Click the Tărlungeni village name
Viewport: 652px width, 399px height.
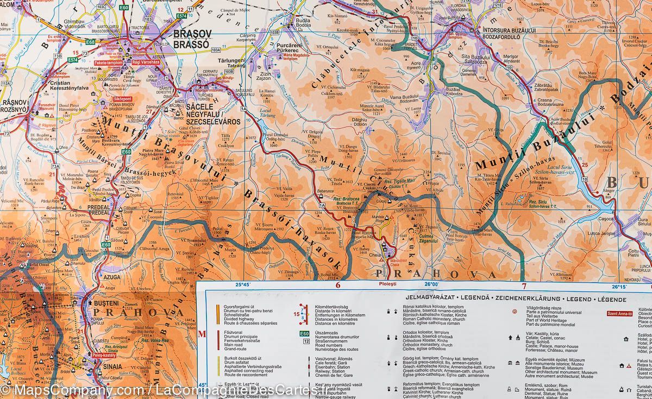(x=233, y=61)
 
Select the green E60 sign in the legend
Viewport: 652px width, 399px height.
(x=304, y=334)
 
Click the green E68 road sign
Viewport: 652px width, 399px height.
(x=90, y=41)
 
